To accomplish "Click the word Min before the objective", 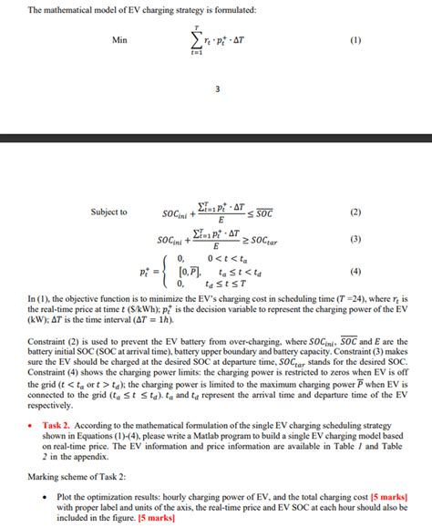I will tap(119, 40).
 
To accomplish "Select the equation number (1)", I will tap(355, 40).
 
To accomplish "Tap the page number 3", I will tap(217, 88).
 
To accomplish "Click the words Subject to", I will tap(108, 212).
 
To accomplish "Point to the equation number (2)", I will tap(355, 212).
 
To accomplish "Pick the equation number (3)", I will tap(355, 240).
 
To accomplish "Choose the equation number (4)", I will tap(355, 272).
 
